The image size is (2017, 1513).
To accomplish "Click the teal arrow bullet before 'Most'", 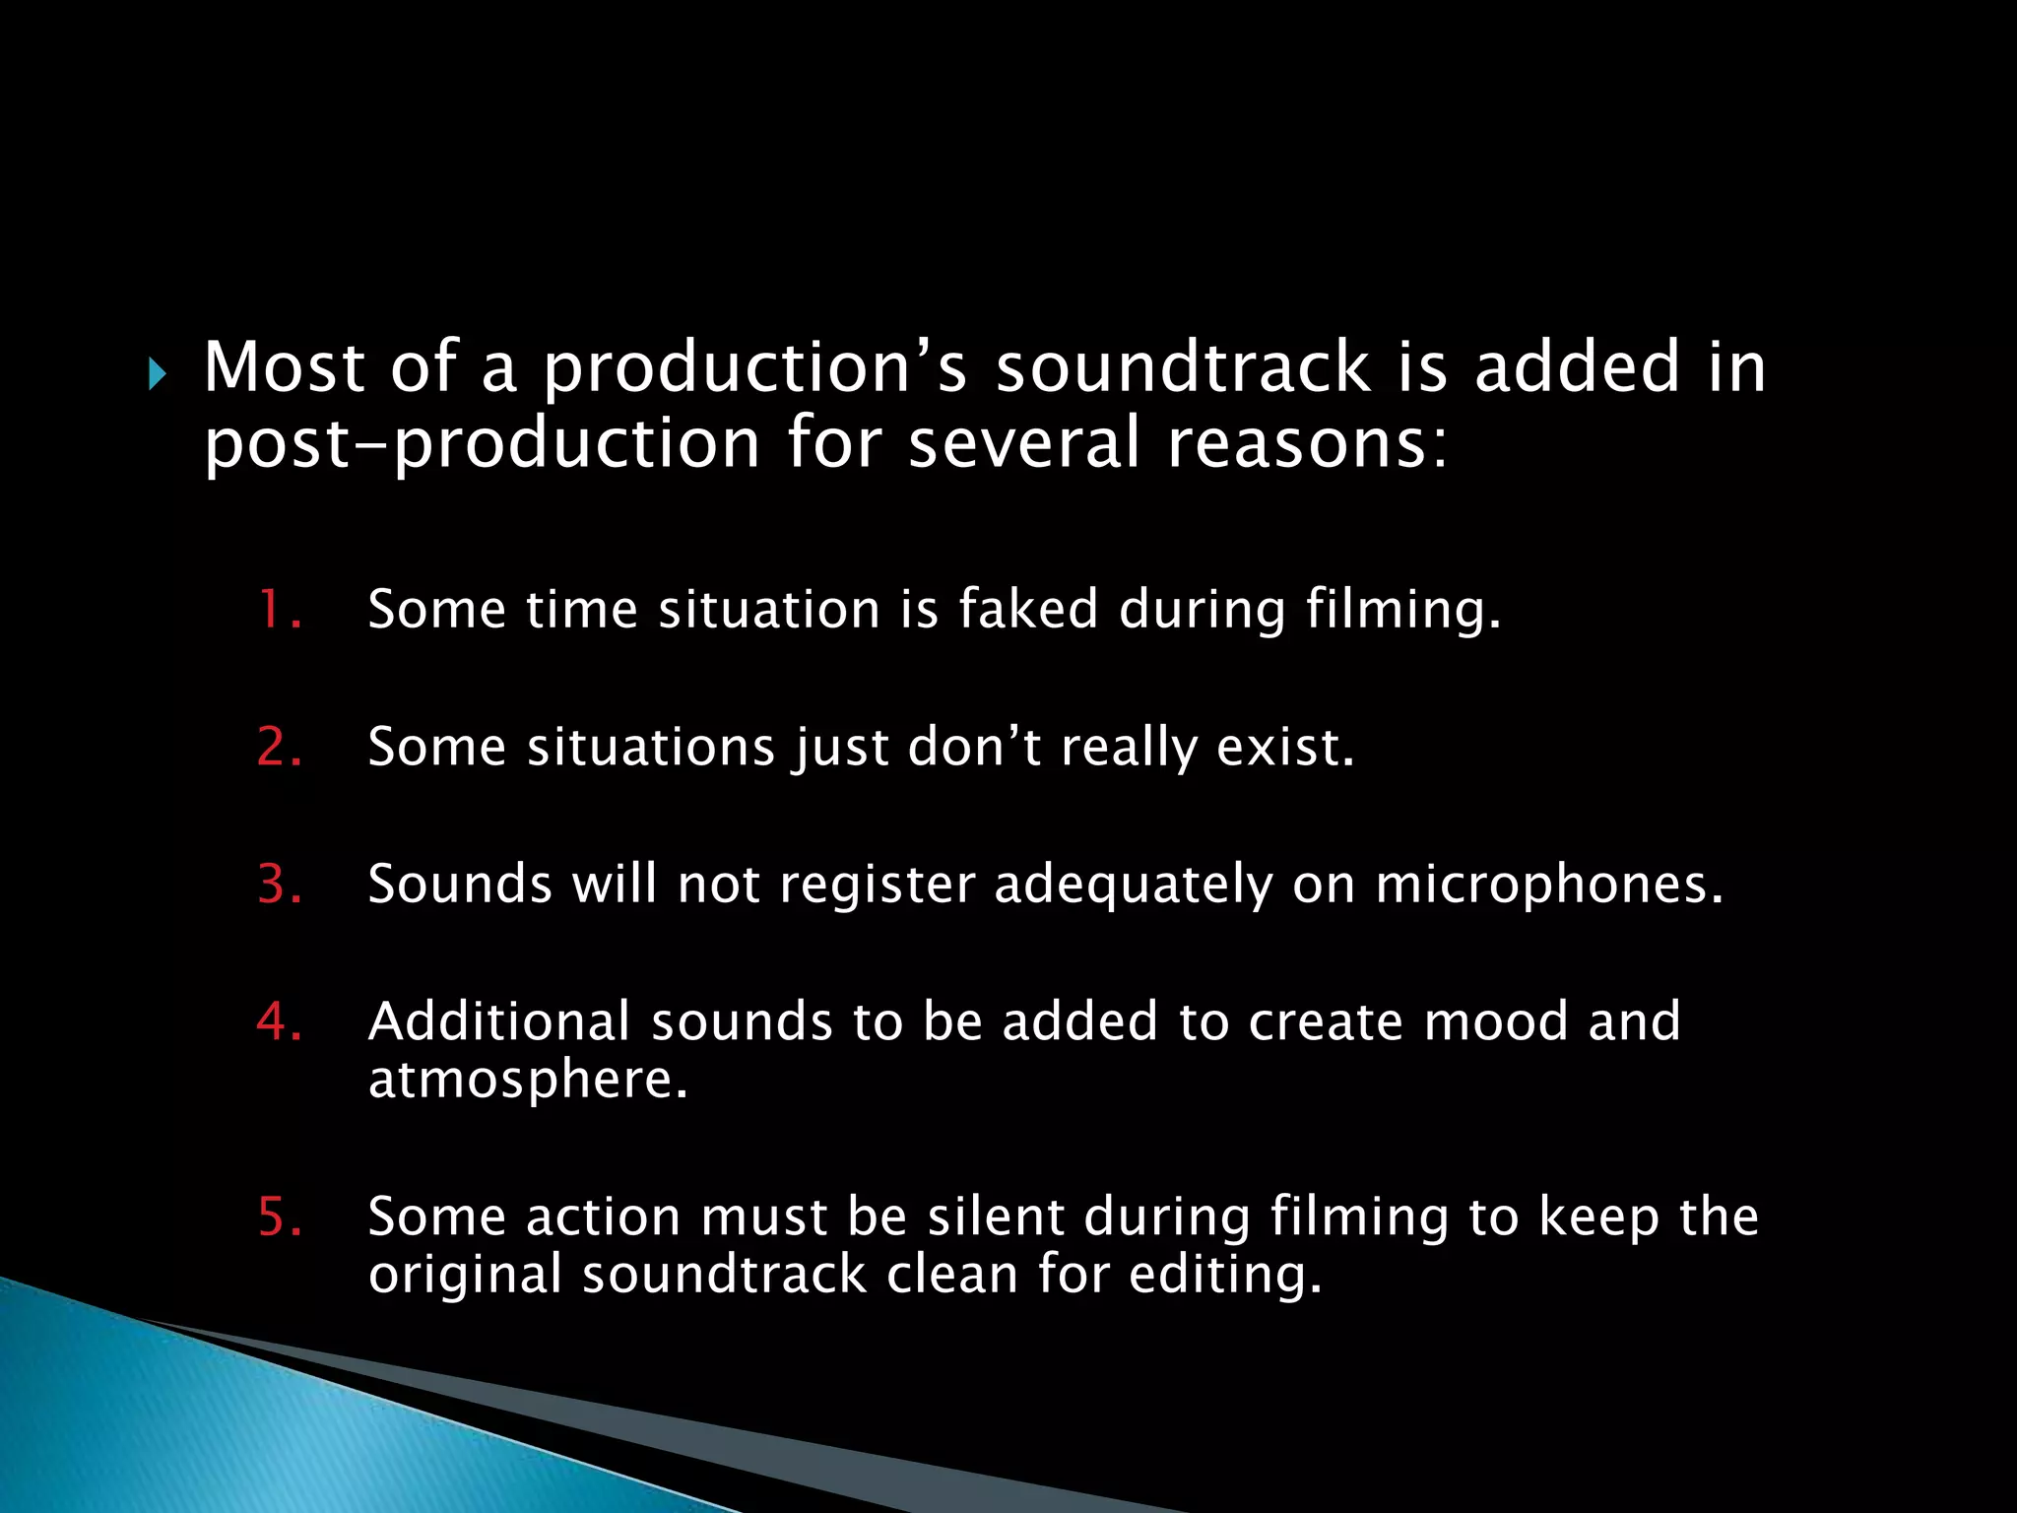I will [x=158, y=374].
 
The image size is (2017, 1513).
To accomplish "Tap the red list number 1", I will [x=279, y=609].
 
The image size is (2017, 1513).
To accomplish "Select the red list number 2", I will [x=279, y=747].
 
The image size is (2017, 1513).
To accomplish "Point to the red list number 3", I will [x=279, y=884].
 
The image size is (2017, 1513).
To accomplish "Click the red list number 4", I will [x=279, y=1021].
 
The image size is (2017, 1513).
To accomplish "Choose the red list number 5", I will [x=279, y=1217].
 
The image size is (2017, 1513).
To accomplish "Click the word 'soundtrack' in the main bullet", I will [x=1183, y=367].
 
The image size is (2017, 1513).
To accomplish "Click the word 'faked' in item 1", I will [x=1027, y=609].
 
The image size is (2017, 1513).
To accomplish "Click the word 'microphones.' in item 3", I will [x=1549, y=884].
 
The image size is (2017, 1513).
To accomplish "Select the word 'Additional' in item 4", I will [x=498, y=1021].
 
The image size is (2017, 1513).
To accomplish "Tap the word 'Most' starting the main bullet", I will [x=285, y=367].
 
